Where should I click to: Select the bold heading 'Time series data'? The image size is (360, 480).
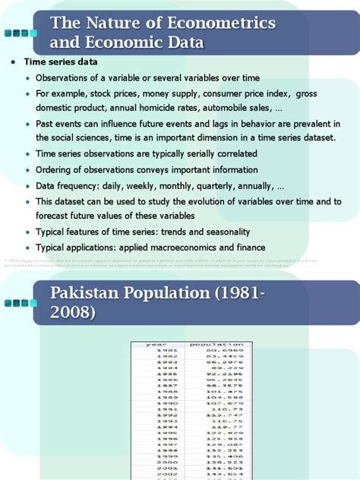tap(61, 62)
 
